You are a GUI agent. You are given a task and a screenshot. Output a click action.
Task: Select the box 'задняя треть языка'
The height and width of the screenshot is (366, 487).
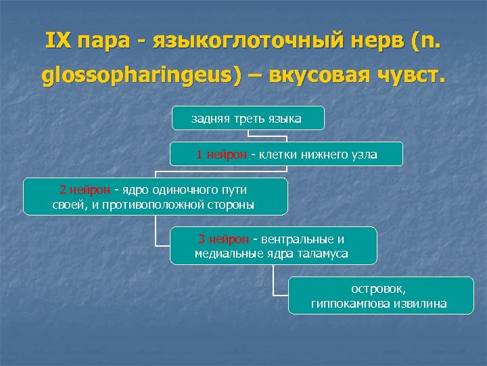point(248,119)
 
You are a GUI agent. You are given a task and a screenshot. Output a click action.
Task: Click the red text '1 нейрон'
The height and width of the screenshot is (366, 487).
point(221,155)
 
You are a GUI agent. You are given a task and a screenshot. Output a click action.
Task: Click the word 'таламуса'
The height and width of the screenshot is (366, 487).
point(325,253)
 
